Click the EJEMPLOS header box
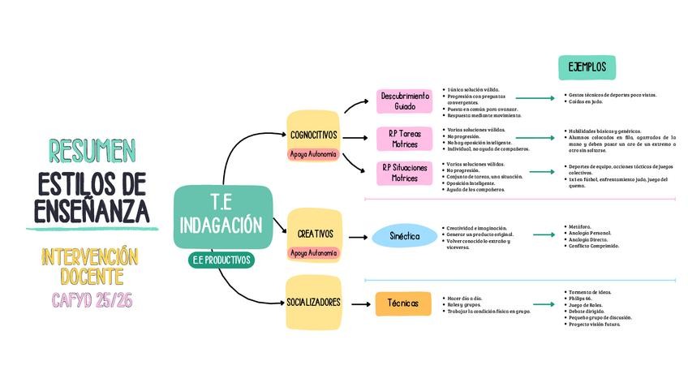pos(587,67)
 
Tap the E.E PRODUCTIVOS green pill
pos(221,260)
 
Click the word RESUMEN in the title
pos(92,150)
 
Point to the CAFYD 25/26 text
pos(92,300)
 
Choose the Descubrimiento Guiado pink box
pos(405,101)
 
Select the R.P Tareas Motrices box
pos(405,139)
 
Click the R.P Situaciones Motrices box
pos(404,173)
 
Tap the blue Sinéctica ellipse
pos(404,236)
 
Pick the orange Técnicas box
pos(403,303)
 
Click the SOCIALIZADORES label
pos(313,303)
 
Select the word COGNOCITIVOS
pos(313,135)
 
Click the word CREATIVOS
pos(315,234)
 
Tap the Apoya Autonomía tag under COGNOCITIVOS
pos(313,153)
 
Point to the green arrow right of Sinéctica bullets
pos(544,235)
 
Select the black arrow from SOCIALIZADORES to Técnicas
pos(357,303)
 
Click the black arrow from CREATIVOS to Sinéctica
pos(357,237)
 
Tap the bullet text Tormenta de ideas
pos(591,292)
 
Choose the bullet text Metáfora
pos(580,226)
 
